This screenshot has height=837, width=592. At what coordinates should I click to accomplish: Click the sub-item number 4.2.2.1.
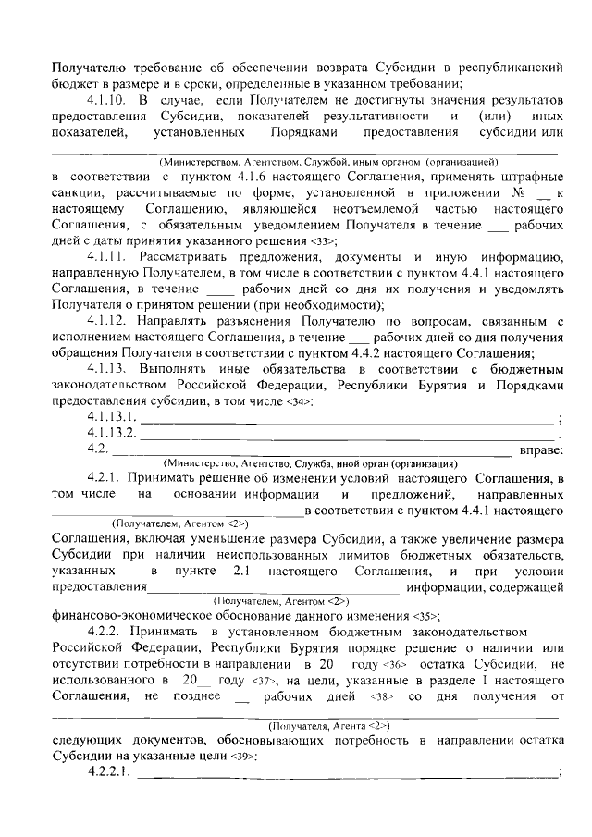[x=108, y=772]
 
